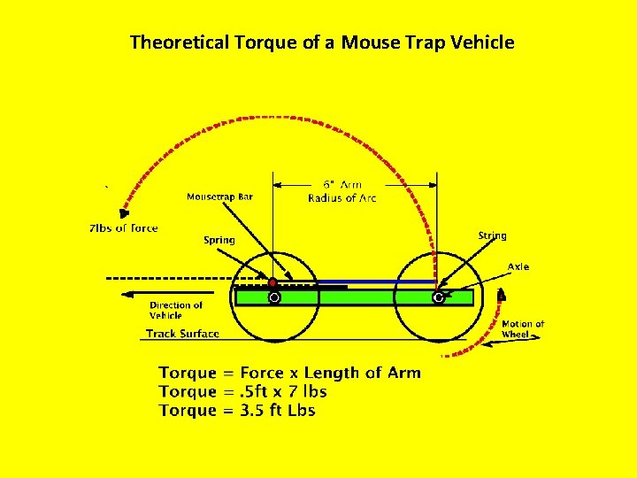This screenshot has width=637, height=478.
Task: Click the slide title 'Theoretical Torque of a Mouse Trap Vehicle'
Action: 322,42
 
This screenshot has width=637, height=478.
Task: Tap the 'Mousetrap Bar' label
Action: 219,197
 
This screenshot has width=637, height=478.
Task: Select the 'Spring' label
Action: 219,240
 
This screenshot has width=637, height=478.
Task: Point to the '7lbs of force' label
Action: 123,228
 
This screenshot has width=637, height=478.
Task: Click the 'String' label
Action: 492,235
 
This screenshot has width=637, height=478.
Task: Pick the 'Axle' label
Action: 518,266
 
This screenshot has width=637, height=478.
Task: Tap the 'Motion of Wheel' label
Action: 523,329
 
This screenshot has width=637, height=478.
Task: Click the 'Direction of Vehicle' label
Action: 175,310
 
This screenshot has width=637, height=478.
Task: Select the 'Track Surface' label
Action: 182,334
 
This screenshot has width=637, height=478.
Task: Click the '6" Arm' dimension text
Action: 342,184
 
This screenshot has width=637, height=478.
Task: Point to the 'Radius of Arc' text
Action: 342,197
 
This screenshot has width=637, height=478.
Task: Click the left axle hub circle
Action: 274,298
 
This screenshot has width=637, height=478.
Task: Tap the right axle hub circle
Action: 438,298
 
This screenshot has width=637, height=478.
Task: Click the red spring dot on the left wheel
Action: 272,282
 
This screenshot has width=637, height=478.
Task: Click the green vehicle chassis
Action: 354,298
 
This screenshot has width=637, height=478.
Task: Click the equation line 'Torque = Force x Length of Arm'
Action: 289,373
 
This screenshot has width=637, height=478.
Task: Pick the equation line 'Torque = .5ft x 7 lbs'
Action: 242,391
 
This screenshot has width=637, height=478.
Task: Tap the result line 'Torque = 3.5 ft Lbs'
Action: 236,410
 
